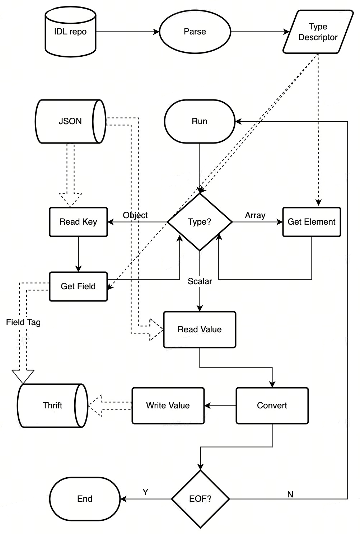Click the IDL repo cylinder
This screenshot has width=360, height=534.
click(x=71, y=32)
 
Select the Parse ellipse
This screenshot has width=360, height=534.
click(x=195, y=32)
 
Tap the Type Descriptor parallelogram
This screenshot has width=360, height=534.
click(x=318, y=32)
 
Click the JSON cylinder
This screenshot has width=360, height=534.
click(x=71, y=121)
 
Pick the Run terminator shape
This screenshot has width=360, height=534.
click(x=200, y=121)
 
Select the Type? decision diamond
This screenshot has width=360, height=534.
click(x=200, y=222)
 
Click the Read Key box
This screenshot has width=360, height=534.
click(x=79, y=222)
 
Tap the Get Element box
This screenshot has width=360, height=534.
click(x=312, y=222)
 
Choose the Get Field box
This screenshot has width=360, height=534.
click(x=79, y=286)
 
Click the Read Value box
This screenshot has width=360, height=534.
click(x=200, y=329)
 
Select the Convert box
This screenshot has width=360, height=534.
click(x=272, y=406)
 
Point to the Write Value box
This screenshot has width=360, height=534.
click(x=168, y=406)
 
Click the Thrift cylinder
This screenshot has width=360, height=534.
click(x=53, y=406)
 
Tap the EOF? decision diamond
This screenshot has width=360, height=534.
click(x=201, y=499)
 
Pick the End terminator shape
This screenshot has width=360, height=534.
click(x=85, y=499)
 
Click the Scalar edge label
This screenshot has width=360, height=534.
click(x=200, y=281)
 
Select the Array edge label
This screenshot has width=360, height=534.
click(x=255, y=215)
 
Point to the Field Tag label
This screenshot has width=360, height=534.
click(x=23, y=322)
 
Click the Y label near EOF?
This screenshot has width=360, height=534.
click(x=145, y=492)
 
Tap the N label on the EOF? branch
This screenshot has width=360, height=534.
click(x=290, y=495)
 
